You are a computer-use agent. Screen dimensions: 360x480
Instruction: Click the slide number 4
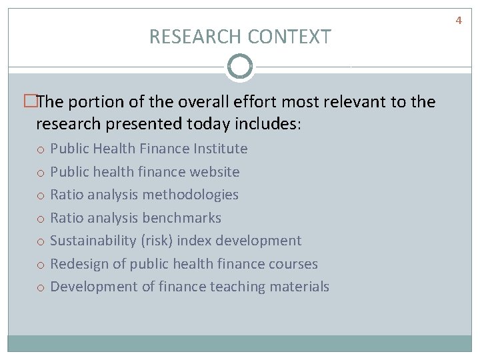click(459, 21)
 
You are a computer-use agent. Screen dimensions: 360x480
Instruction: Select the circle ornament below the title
click(240, 67)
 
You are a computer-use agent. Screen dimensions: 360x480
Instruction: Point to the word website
click(214, 172)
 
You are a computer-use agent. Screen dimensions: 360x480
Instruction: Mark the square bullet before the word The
click(29, 102)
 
